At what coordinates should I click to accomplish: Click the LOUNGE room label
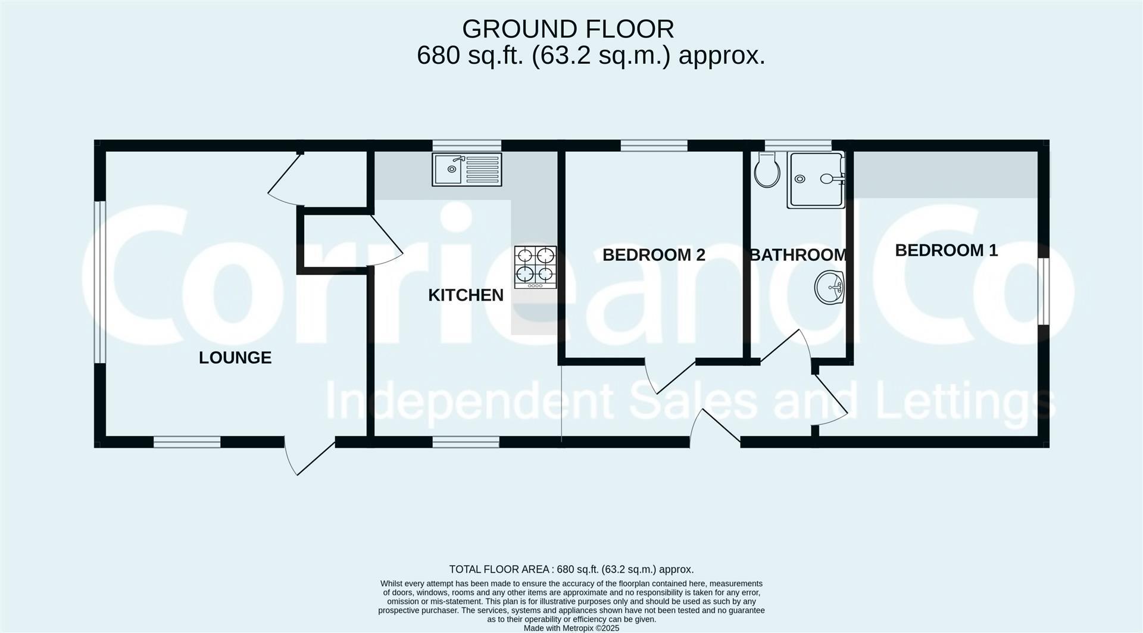[x=235, y=357]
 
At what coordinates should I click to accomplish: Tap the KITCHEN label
[x=466, y=295]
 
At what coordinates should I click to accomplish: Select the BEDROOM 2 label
[x=654, y=255]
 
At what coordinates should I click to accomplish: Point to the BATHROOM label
[x=798, y=255]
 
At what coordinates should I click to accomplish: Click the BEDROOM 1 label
[x=946, y=250]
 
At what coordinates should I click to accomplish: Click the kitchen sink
[x=467, y=170]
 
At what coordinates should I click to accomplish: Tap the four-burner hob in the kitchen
[x=535, y=267]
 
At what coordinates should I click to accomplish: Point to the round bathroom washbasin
[x=829, y=288]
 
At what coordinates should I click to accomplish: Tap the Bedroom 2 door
[x=672, y=376]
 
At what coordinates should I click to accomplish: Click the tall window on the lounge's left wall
[x=100, y=282]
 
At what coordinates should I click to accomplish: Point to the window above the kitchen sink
[x=467, y=145]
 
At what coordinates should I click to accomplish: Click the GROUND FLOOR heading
[x=567, y=29]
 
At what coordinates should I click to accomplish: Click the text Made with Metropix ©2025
[x=571, y=628]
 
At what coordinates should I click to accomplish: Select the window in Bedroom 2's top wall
[x=654, y=145]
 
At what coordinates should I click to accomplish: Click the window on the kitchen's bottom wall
[x=466, y=442]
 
